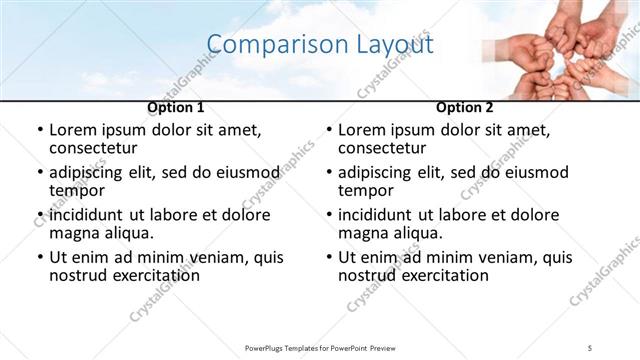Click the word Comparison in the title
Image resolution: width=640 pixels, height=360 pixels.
pyautogui.click(x=269, y=45)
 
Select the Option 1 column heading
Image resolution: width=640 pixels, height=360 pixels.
pyautogui.click(x=175, y=107)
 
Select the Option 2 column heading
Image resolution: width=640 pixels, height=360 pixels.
pyautogui.click(x=465, y=107)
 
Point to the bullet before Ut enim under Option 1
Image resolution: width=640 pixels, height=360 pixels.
pyautogui.click(x=39, y=257)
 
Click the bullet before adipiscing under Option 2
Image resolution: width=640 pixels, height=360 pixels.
pyautogui.click(x=328, y=173)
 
